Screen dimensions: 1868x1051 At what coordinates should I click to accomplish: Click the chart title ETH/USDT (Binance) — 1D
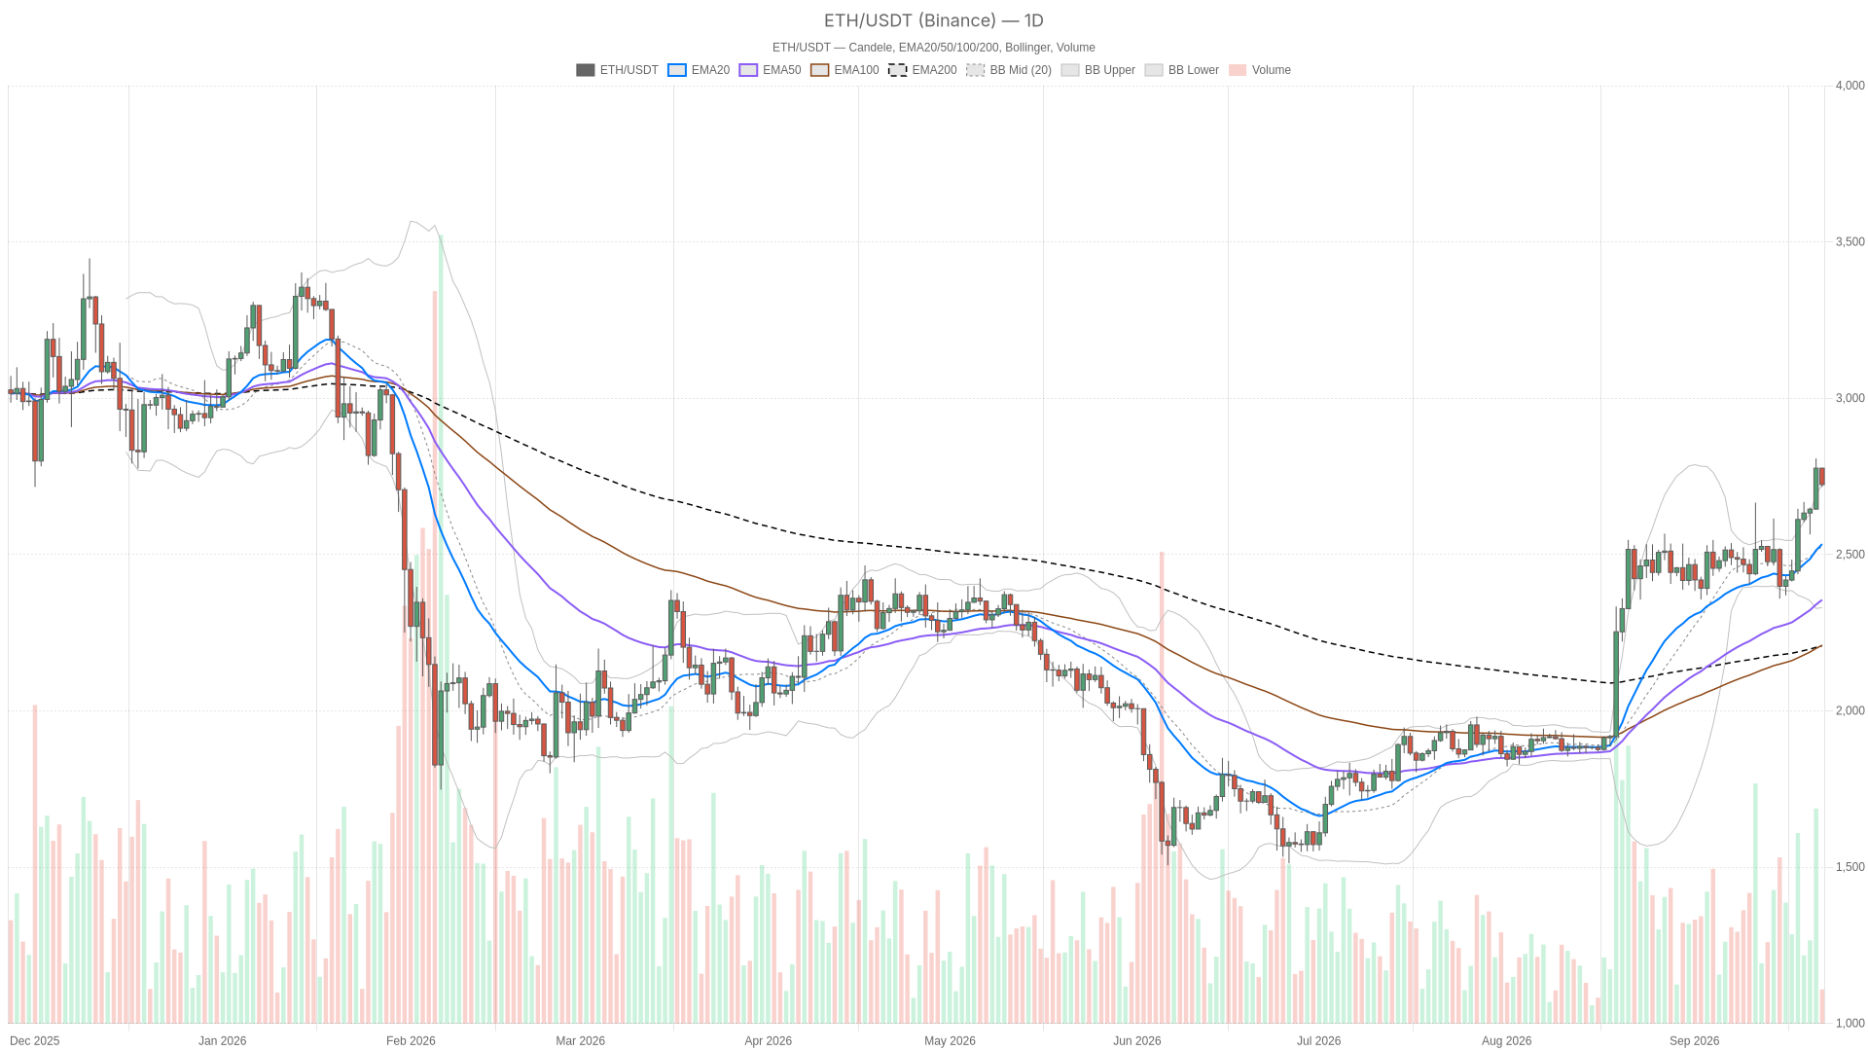point(934,20)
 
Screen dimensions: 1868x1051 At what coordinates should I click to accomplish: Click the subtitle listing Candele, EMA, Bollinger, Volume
point(934,48)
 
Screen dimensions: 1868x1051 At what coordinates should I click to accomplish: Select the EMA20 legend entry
point(699,70)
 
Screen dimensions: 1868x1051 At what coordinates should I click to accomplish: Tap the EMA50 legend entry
point(770,70)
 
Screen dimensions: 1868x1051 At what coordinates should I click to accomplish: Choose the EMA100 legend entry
point(844,70)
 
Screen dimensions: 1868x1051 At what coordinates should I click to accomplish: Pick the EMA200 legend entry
point(922,70)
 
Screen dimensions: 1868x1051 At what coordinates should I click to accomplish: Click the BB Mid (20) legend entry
point(1009,70)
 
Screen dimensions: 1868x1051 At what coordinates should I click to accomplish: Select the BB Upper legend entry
point(1098,70)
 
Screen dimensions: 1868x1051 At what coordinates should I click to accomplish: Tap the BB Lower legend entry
point(1182,70)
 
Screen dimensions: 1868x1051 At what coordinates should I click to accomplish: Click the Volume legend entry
point(1260,70)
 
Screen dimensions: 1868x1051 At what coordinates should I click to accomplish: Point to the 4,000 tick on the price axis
point(1850,86)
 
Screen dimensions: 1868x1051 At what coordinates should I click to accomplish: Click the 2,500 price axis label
point(1850,555)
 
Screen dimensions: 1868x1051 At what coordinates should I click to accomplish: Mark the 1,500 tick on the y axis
point(1850,867)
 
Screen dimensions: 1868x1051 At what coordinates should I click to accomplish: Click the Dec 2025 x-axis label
point(35,1041)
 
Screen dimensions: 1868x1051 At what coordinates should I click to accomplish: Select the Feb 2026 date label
point(411,1041)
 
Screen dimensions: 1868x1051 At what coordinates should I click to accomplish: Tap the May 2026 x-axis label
point(950,1041)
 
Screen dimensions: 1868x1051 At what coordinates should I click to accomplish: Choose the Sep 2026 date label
point(1694,1041)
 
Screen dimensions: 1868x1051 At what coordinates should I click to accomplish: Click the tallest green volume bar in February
point(441,629)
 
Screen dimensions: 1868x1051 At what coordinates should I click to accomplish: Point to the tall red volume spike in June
point(1162,787)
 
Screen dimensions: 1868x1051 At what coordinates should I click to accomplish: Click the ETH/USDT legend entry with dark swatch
point(617,70)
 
